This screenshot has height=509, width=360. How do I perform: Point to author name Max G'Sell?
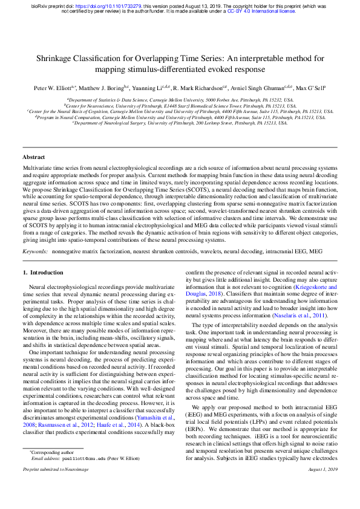click(x=312, y=88)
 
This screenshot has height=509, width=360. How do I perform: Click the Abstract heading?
click(x=33, y=157)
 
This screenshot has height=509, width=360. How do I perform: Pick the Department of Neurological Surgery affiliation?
click(x=180, y=123)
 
